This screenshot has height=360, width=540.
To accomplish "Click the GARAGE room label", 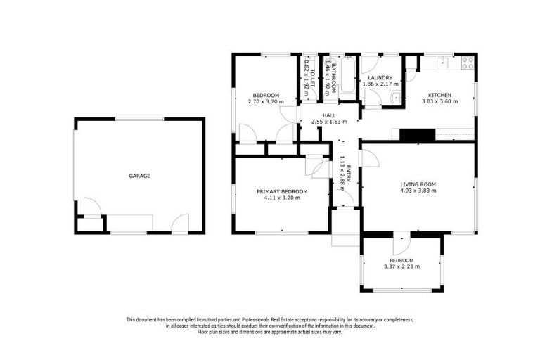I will pyautogui.click(x=139, y=176).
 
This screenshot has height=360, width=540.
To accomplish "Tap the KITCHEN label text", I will pyautogui.click(x=440, y=95).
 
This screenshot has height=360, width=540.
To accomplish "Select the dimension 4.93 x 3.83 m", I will pyautogui.click(x=418, y=191).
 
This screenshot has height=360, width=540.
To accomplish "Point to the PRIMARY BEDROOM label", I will pyautogui.click(x=282, y=191).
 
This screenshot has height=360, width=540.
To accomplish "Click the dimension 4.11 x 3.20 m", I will pyautogui.click(x=282, y=198).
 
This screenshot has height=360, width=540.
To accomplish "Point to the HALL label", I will pyautogui.click(x=329, y=115).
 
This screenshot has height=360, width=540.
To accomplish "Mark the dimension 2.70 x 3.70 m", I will pyautogui.click(x=266, y=102).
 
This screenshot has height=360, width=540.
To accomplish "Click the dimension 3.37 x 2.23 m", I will pyautogui.click(x=401, y=266).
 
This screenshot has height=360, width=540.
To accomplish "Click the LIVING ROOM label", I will pyautogui.click(x=418, y=184).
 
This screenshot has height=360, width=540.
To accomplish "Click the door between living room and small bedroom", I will pyautogui.click(x=399, y=242).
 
